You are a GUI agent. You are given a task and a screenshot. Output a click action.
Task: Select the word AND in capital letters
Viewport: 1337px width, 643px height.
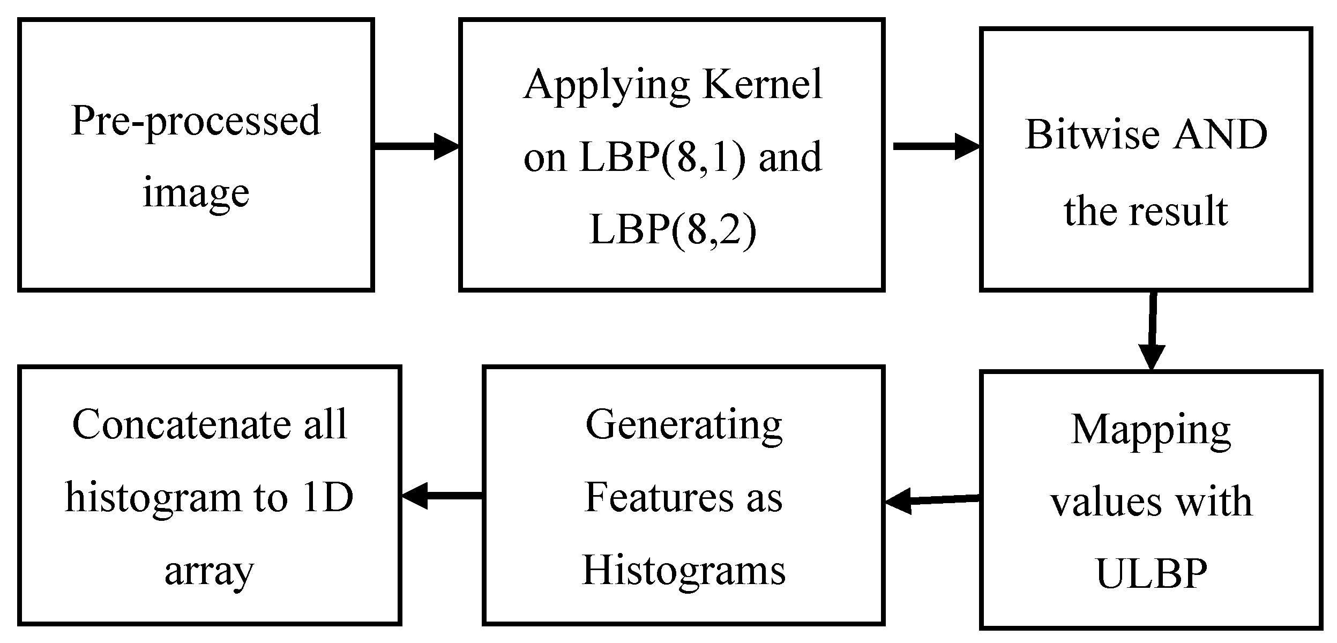point(1220,135)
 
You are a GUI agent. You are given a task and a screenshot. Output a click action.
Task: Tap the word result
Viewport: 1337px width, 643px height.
point(1181,212)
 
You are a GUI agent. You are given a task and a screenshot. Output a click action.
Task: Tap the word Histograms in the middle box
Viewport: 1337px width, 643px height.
point(684,571)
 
